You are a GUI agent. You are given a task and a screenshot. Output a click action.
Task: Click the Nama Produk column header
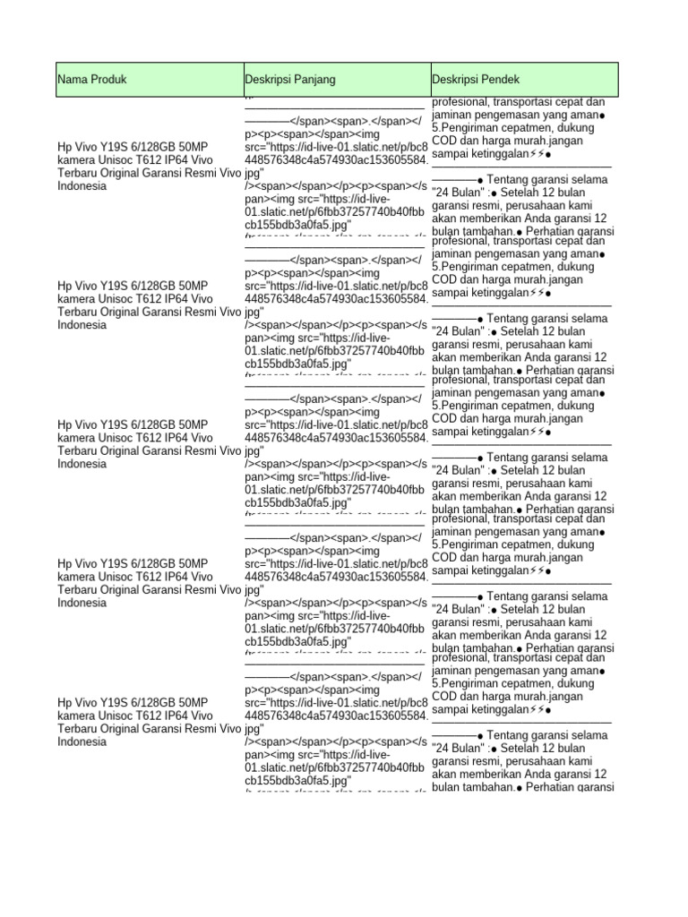[92, 80]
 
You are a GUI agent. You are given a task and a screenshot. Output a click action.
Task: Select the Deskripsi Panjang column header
[290, 80]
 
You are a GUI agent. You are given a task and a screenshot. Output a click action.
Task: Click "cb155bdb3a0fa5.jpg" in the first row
[297, 225]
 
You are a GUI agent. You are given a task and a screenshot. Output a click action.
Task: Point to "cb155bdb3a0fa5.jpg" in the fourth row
[297, 641]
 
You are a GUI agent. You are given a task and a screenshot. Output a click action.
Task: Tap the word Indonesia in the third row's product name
[82, 464]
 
